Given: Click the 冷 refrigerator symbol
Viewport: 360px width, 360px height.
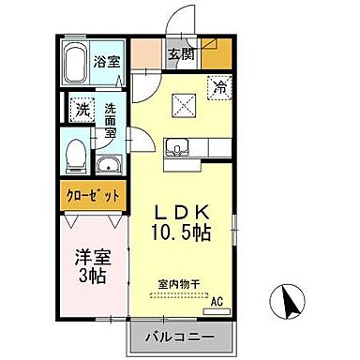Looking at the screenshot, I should coord(217,89).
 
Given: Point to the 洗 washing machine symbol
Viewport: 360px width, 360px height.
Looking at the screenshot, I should coord(82,109).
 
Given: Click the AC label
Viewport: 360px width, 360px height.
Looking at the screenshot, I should coord(216,301).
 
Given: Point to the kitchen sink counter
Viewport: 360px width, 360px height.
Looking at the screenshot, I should coord(179,147).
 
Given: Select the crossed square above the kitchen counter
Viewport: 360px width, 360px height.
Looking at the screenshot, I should coord(181,106).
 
